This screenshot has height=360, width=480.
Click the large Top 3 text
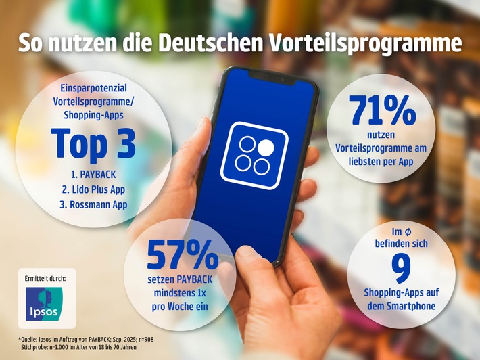coord(93,143)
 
